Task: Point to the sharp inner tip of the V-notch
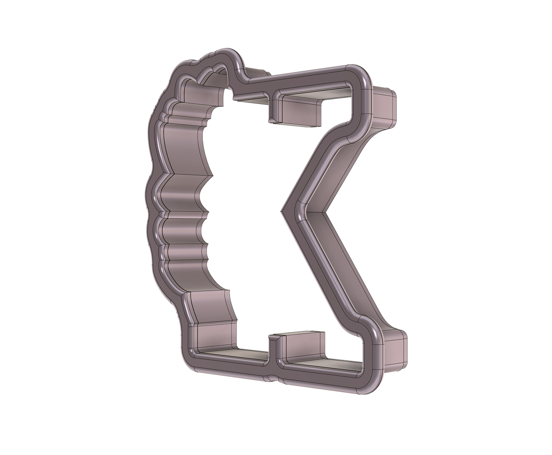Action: (282, 212)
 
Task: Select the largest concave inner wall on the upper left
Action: (184, 147)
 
